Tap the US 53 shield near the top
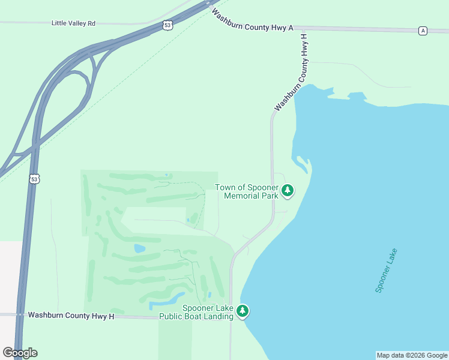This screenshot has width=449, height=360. point(167,25)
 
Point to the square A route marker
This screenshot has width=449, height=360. point(423,31)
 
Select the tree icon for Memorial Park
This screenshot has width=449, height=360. point(288,191)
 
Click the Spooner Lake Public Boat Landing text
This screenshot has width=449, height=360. point(196,312)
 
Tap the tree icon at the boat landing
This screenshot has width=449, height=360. point(243,311)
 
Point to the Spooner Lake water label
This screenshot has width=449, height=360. point(387,271)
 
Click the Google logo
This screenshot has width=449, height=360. point(20,353)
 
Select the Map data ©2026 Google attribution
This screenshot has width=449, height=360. point(412,355)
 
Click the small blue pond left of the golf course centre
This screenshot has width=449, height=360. point(139,248)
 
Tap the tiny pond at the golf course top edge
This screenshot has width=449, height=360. point(166,175)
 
